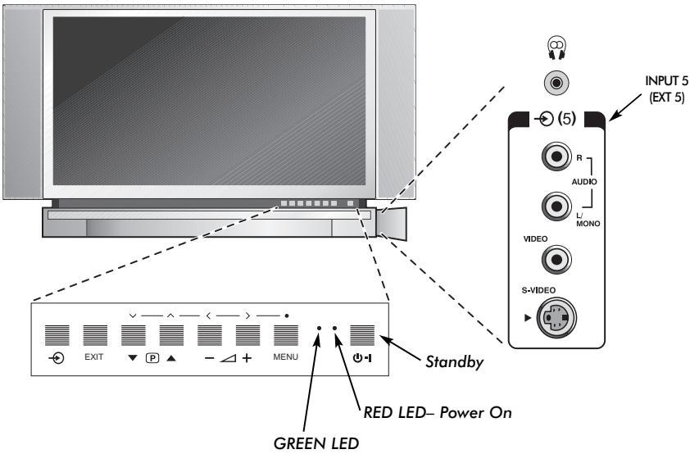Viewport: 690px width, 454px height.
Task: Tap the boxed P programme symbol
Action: [x=152, y=359]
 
